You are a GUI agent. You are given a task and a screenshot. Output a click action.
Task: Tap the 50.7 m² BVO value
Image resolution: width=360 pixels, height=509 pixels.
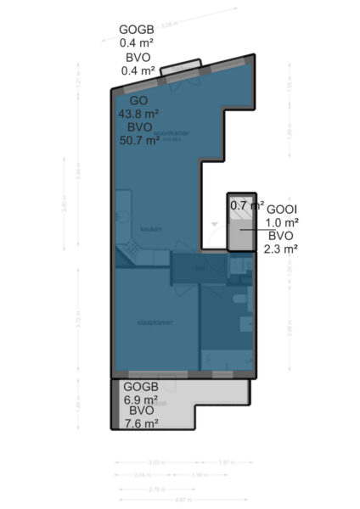(139, 142)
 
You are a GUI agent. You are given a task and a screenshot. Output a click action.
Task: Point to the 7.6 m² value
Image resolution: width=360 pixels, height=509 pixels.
(140, 424)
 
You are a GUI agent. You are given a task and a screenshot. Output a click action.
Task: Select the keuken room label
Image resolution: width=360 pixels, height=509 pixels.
(151, 229)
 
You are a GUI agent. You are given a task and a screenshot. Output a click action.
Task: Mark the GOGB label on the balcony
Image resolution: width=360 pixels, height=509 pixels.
(140, 386)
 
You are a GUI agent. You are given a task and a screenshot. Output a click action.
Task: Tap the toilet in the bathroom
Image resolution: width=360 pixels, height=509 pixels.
(239, 302)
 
